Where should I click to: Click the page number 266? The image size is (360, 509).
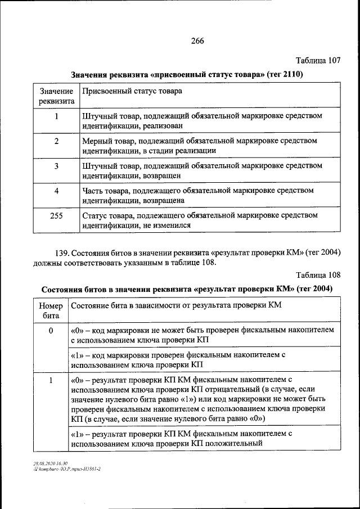click(x=197, y=40)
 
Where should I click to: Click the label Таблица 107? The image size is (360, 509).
click(x=318, y=60)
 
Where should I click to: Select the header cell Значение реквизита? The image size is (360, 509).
click(x=56, y=96)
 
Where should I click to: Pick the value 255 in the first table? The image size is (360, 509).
click(x=56, y=215)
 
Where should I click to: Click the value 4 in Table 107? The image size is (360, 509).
click(x=56, y=191)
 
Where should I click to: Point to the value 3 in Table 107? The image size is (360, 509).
click(x=56, y=166)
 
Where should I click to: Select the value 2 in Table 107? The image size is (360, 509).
click(x=56, y=141)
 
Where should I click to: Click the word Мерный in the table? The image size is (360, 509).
click(x=95, y=141)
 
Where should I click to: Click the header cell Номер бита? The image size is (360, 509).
click(x=51, y=310)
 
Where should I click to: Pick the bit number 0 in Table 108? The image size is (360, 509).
click(x=51, y=331)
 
